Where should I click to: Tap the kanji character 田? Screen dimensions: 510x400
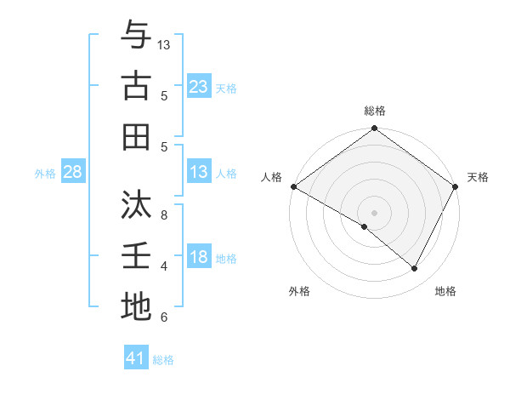pyautogui.click(x=136, y=136)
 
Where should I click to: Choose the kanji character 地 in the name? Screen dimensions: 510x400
pyautogui.click(x=136, y=306)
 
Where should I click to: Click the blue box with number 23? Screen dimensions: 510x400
pyautogui.click(x=198, y=86)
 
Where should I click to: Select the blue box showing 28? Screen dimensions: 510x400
pyautogui.click(x=73, y=172)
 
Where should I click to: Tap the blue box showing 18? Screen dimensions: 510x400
pyautogui.click(x=198, y=257)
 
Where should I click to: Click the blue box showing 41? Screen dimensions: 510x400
pyautogui.click(x=136, y=358)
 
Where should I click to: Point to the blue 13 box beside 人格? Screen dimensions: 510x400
pyautogui.click(x=198, y=172)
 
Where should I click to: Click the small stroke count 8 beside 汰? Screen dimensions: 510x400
pyautogui.click(x=164, y=215)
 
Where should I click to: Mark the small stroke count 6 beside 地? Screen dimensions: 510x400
pyautogui.click(x=164, y=317)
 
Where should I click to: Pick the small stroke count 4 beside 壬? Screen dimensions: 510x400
pyautogui.click(x=164, y=266)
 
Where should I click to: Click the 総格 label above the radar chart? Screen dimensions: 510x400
pyautogui.click(x=374, y=111)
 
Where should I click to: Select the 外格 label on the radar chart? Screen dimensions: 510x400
pyautogui.click(x=299, y=291)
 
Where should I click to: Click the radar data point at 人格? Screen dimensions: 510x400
pyautogui.click(x=293, y=186)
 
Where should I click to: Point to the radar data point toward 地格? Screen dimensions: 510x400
pyautogui.click(x=415, y=269)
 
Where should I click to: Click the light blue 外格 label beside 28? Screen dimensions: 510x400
pyautogui.click(x=44, y=173)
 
